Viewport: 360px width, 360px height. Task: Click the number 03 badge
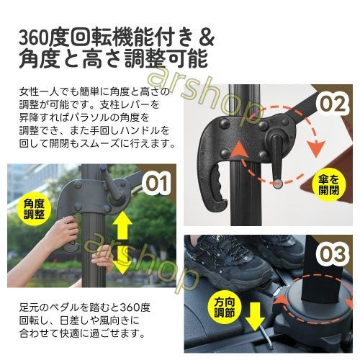333,254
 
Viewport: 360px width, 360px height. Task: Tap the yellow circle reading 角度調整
35,209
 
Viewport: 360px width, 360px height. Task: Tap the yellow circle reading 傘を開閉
328,184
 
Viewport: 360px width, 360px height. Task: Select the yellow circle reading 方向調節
225,307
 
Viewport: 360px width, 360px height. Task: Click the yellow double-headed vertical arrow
122,244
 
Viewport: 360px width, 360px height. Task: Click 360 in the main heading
33,38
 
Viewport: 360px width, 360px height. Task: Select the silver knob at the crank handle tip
278,184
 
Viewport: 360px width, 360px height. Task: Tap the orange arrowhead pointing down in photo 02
317,148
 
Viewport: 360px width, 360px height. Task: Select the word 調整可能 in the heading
166,58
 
